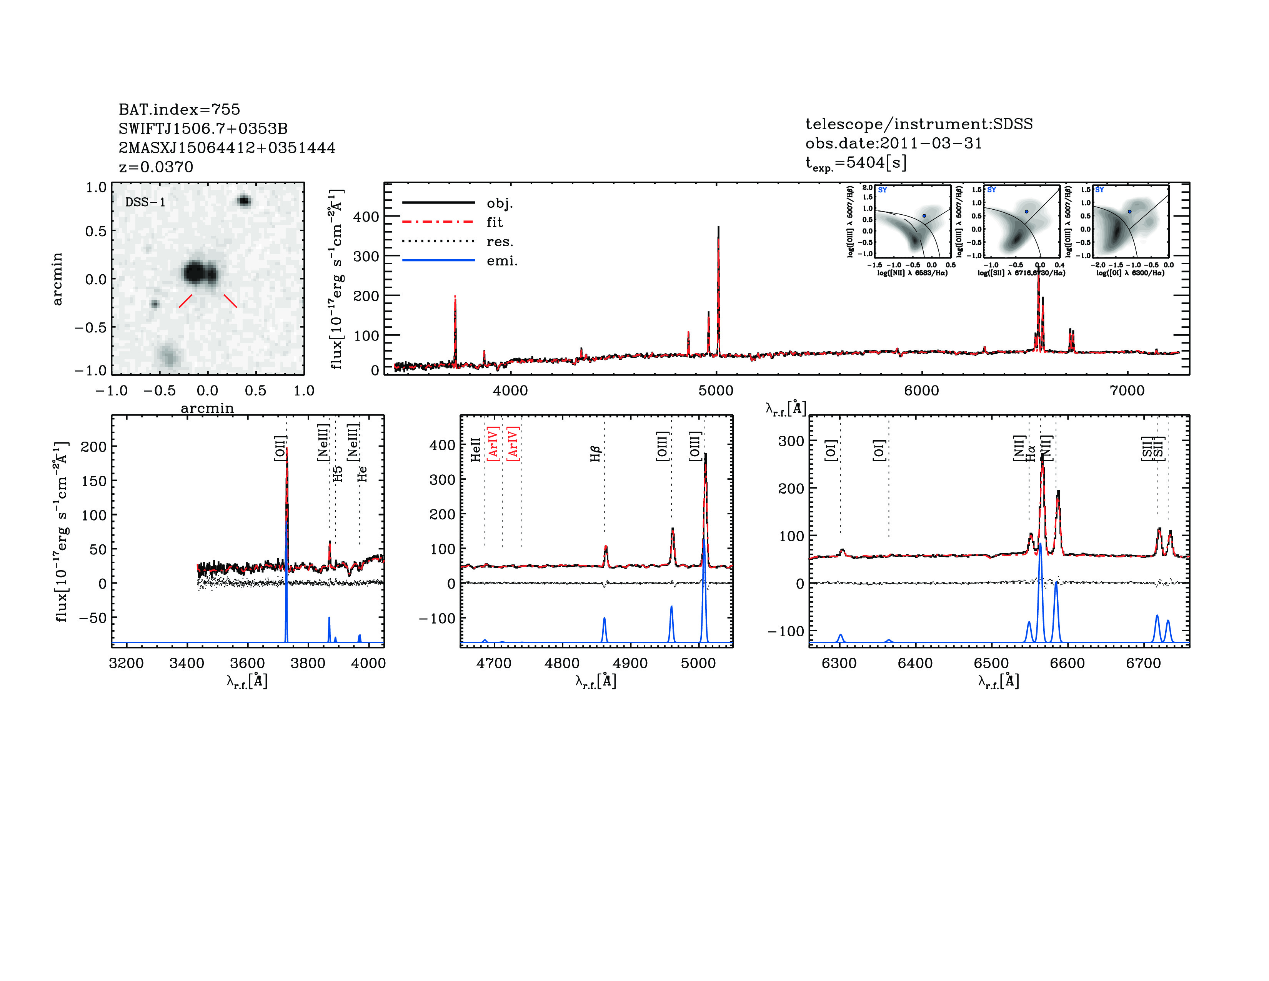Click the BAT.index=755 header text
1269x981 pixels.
click(179, 109)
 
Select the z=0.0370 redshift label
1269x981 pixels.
click(156, 167)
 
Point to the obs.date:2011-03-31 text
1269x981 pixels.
click(893, 143)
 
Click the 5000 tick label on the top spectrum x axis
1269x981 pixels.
click(716, 390)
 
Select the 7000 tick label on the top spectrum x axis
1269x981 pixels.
click(1127, 390)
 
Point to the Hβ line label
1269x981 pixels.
click(595, 454)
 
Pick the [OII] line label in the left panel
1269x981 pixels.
click(280, 448)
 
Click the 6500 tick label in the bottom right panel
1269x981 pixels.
click(991, 664)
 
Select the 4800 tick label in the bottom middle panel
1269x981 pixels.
click(562, 664)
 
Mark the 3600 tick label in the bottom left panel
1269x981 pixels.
click(247, 664)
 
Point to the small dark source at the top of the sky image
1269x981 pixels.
click(244, 201)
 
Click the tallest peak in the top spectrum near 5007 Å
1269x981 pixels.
click(718, 228)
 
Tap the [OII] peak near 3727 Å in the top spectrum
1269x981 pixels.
click(455, 299)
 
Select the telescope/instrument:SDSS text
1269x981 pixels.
click(919, 124)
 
